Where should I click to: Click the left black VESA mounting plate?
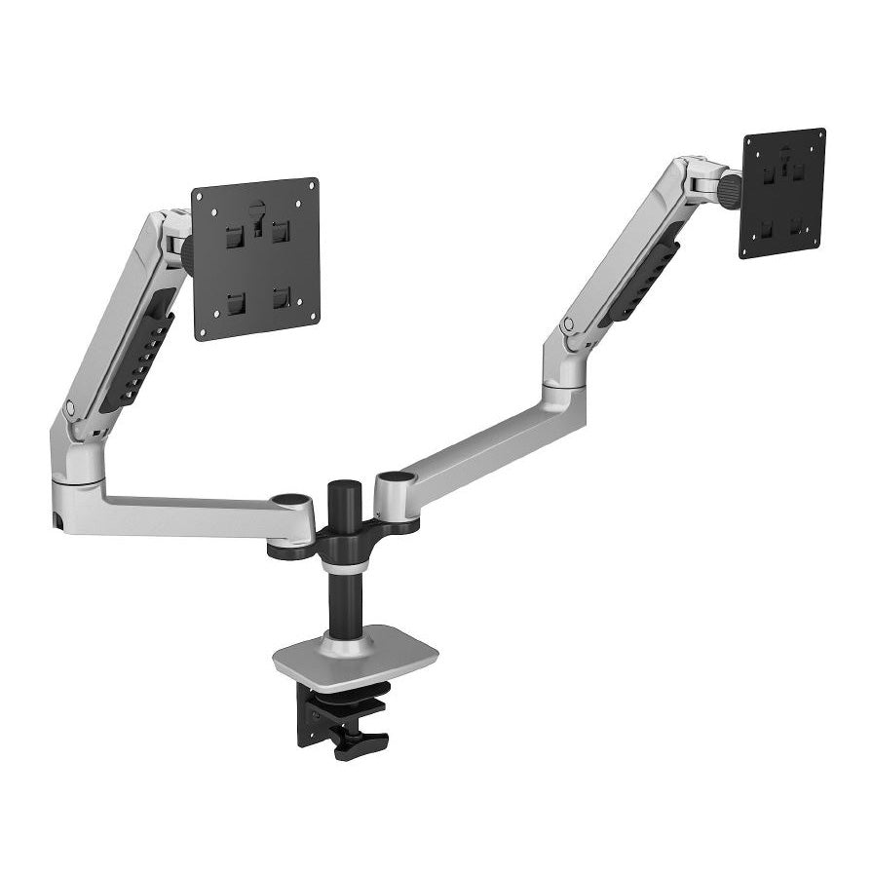(x=256, y=258)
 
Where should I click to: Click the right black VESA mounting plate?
(x=782, y=192)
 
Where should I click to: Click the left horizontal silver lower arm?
(x=185, y=512)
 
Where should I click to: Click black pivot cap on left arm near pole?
(x=287, y=501)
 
